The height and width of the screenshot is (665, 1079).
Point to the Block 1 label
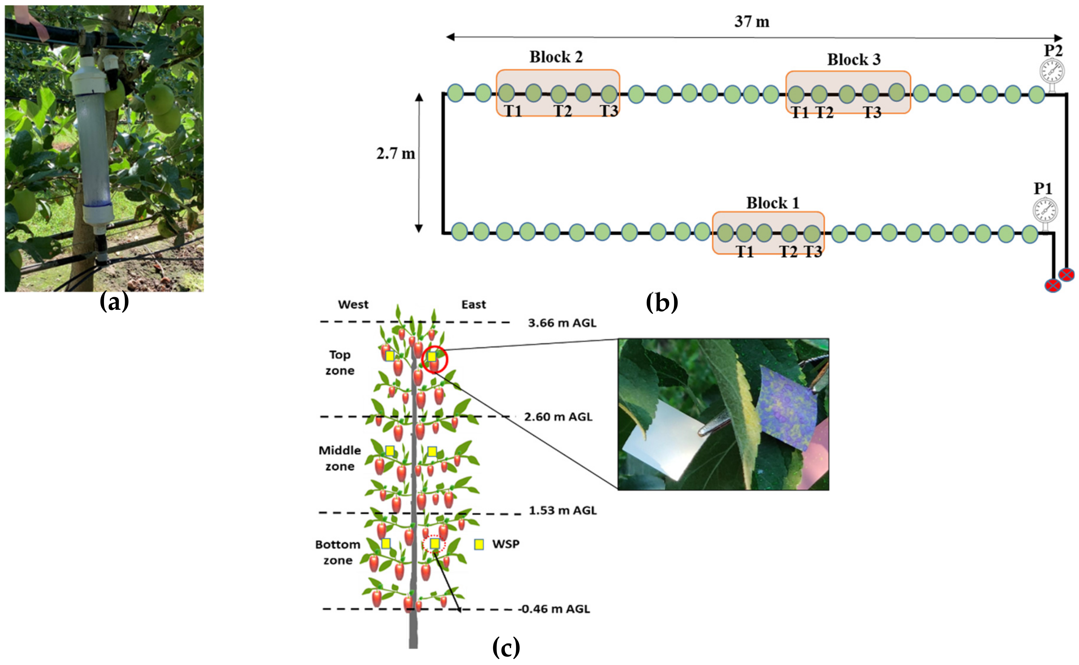(772, 203)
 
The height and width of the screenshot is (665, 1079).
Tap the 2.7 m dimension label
(395, 154)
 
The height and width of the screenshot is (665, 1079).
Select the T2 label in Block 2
(562, 111)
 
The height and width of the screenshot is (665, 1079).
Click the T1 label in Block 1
(745, 252)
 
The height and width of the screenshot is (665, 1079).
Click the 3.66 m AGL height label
(562, 323)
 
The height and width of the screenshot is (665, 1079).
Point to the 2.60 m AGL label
(558, 417)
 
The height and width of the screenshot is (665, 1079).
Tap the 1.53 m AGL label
(562, 511)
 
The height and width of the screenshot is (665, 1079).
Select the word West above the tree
(353, 304)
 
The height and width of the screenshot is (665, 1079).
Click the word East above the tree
(474, 304)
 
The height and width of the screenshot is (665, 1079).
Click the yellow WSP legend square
(479, 545)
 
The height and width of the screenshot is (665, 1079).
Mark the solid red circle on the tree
(434, 359)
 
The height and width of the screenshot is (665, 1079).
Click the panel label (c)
(506, 647)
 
